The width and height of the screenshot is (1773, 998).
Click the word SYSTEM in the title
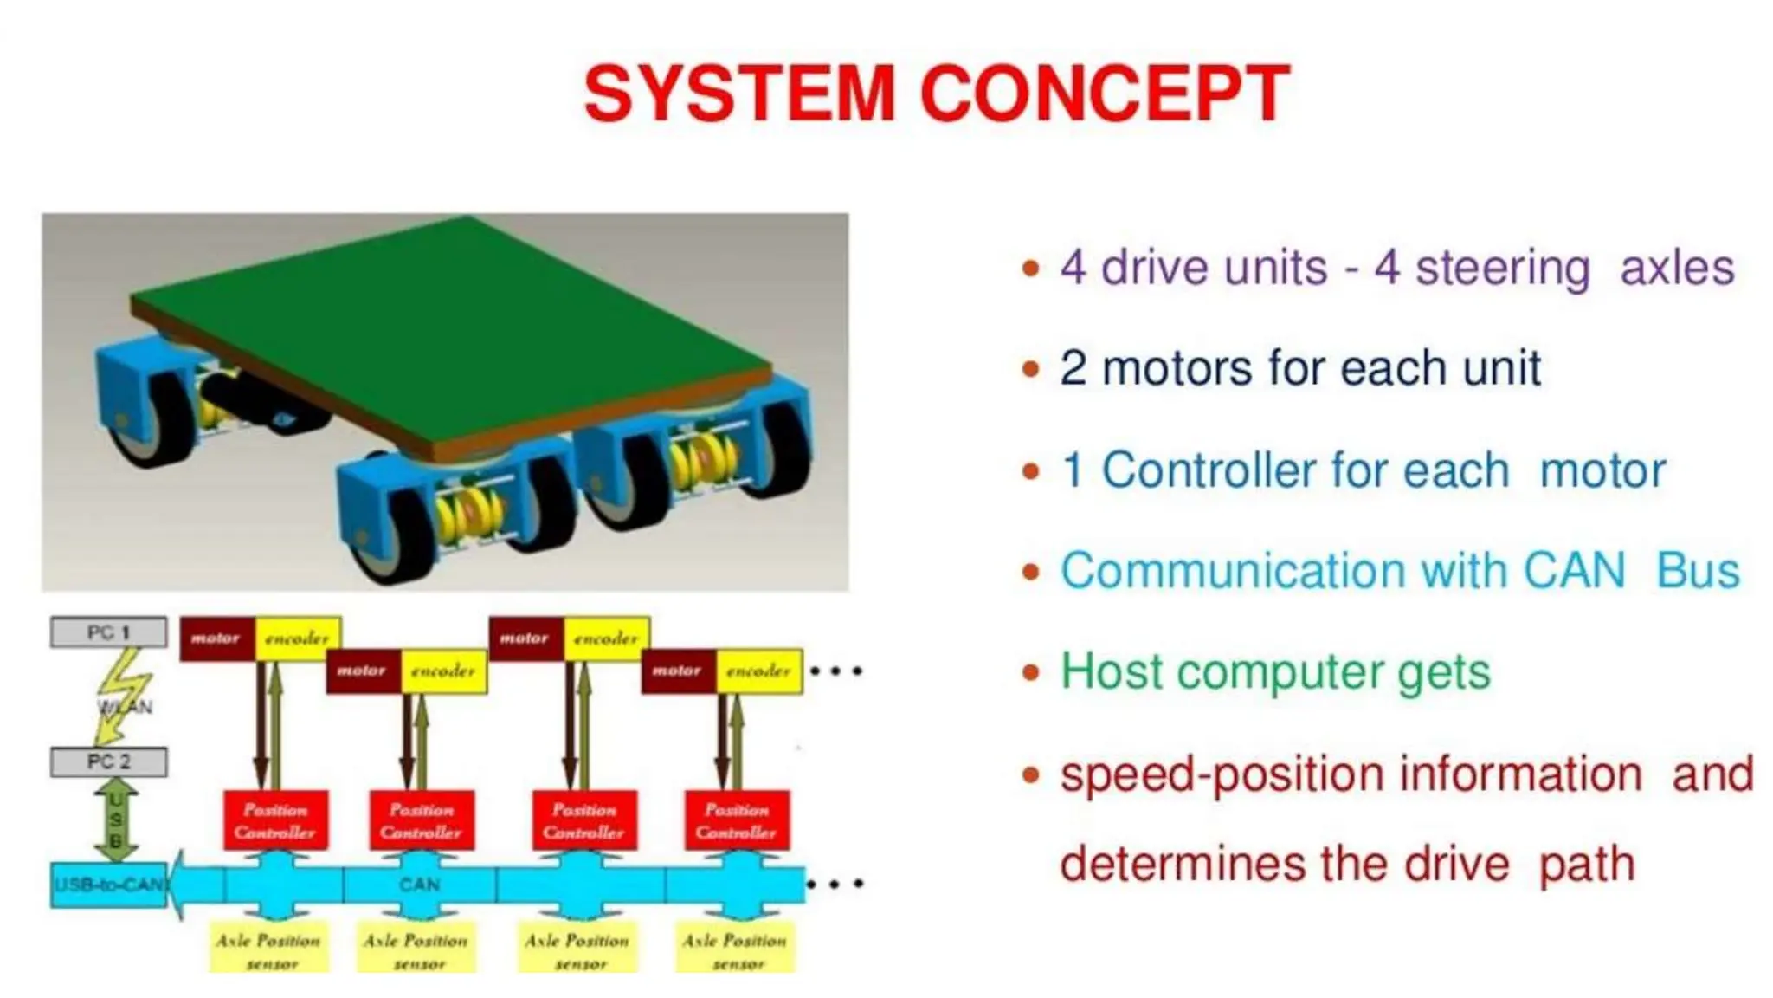coord(740,94)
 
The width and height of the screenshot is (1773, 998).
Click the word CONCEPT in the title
coord(1105,94)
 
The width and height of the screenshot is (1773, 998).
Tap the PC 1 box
coord(109,632)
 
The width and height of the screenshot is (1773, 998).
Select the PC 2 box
coord(109,761)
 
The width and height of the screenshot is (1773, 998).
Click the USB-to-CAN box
coord(109,885)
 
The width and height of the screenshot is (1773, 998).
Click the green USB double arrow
coord(115,819)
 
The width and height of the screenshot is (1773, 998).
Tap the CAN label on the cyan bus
coord(420,885)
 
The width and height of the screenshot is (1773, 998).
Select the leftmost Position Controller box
coord(275,820)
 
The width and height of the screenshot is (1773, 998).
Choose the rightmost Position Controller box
coord(737,820)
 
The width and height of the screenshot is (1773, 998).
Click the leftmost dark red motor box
coord(216,638)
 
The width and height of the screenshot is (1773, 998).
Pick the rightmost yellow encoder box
coord(759,671)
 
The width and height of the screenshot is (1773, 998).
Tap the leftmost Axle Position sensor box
coord(268,949)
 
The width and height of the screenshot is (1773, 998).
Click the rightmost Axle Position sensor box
coord(735,949)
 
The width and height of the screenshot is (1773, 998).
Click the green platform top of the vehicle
coord(450,329)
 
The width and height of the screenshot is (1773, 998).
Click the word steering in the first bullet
coord(1502,268)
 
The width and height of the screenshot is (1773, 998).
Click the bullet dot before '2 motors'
coord(1030,369)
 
